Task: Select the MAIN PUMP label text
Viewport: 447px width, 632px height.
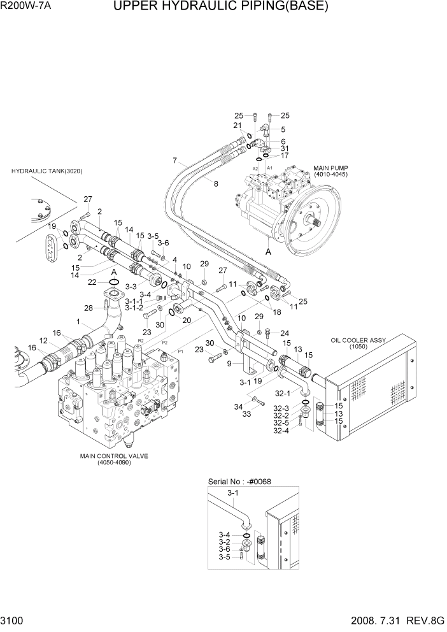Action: (x=329, y=171)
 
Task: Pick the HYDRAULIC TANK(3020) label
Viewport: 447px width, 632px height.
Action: (x=47, y=171)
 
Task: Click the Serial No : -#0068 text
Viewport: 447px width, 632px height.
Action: (x=239, y=482)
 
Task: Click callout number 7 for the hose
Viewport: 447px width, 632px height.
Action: (x=174, y=160)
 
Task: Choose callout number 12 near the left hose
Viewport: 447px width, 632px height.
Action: (x=43, y=342)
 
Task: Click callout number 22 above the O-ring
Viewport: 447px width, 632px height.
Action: (x=92, y=282)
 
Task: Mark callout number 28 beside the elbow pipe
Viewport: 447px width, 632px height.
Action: (x=89, y=308)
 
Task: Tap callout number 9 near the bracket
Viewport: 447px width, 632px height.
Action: (x=230, y=364)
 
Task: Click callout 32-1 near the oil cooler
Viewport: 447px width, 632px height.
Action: (x=282, y=393)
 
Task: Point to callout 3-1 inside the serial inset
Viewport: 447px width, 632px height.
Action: (x=233, y=493)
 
